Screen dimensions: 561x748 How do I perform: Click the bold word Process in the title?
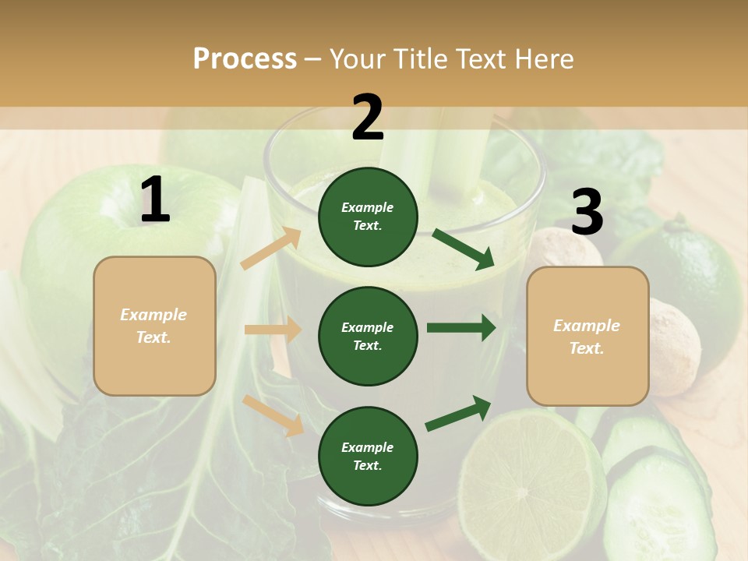(245, 59)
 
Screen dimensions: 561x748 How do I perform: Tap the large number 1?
(155, 200)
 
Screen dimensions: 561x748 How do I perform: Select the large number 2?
(368, 118)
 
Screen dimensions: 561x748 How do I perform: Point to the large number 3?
(587, 213)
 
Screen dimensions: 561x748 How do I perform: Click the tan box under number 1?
(154, 326)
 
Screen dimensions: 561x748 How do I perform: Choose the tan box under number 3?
(587, 337)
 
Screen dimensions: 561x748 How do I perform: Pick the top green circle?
(368, 217)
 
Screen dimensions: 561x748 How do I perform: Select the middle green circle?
(368, 336)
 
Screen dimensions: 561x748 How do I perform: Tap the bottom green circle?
(368, 456)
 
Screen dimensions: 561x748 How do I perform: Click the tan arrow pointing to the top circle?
(271, 249)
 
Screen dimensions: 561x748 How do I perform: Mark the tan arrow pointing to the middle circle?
(273, 330)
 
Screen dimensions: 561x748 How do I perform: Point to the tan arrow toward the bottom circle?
(273, 415)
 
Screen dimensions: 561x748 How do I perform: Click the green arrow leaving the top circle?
(464, 249)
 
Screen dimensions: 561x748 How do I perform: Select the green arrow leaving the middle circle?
(461, 327)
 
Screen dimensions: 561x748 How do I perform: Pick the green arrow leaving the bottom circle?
(459, 413)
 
